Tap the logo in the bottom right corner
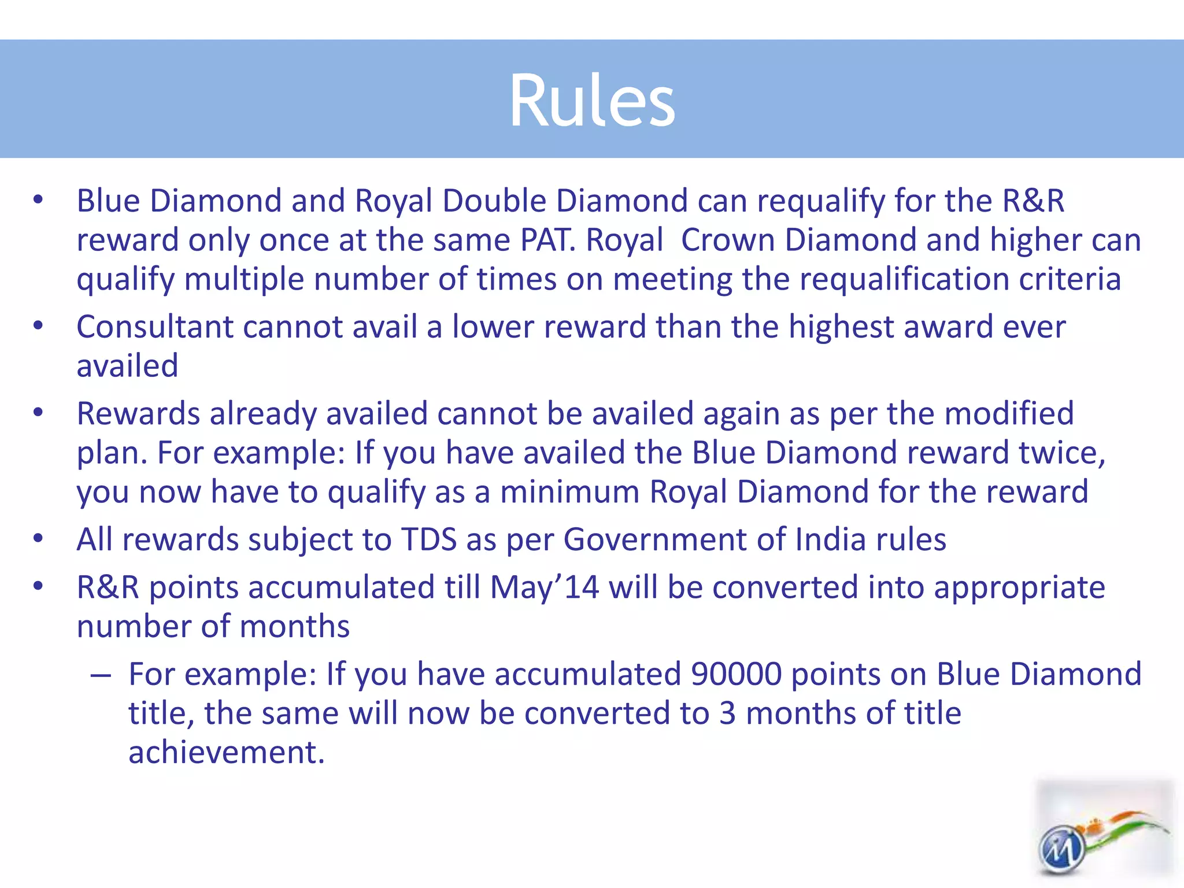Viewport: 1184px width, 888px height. (1104, 832)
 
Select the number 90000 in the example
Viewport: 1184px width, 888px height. (736, 674)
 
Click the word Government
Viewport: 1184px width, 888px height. (655, 539)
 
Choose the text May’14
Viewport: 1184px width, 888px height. (544, 587)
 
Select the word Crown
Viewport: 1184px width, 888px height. (728, 240)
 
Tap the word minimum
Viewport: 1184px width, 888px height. (570, 492)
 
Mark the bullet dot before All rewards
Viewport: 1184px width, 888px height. (38, 538)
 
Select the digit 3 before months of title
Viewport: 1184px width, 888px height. (728, 713)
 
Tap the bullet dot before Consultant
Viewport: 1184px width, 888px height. (38, 325)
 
